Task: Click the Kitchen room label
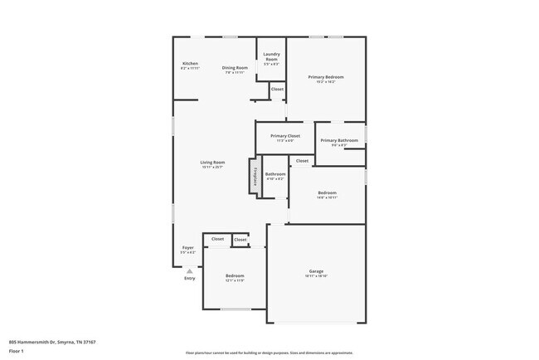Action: (190, 65)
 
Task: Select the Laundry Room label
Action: (271, 57)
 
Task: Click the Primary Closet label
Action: (284, 137)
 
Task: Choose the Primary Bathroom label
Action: (338, 142)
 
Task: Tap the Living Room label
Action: (213, 163)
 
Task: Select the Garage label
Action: (316, 272)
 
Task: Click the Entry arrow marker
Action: (190, 270)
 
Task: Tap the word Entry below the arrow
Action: (190, 279)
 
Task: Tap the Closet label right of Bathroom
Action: (302, 161)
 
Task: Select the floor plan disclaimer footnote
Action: (269, 352)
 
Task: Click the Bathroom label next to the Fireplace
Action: (275, 175)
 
